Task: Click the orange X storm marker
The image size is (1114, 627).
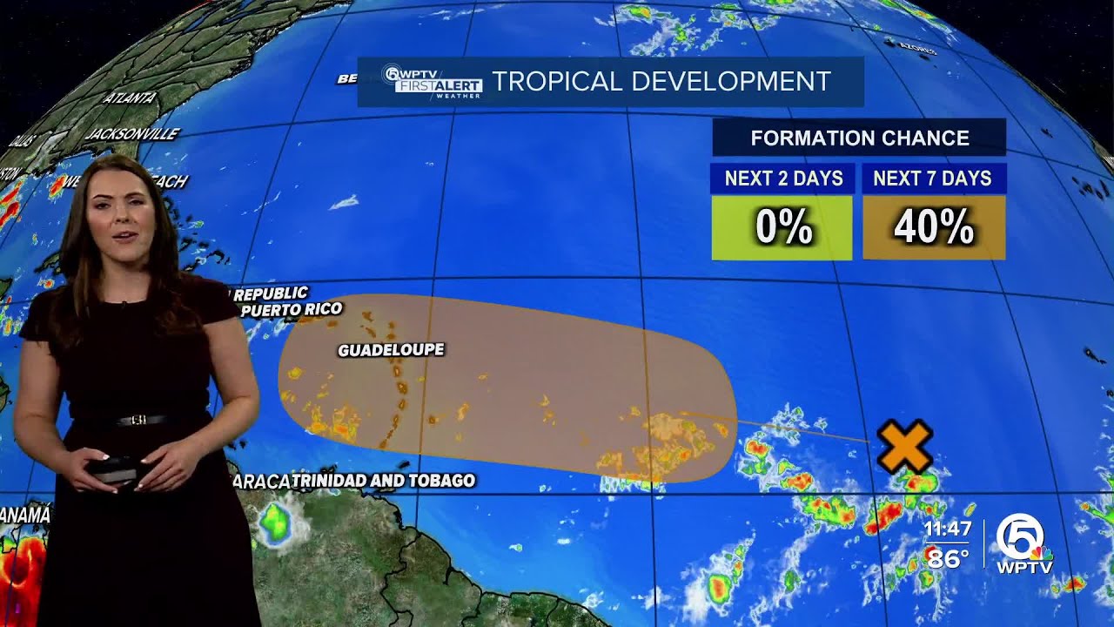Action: click(x=904, y=446)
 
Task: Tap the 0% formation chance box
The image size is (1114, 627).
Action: click(x=782, y=227)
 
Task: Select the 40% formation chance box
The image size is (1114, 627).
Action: click(x=933, y=227)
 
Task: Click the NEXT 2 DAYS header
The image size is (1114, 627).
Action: click(x=782, y=179)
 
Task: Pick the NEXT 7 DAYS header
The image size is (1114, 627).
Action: click(x=932, y=179)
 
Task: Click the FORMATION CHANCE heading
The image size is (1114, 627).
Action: click(x=859, y=138)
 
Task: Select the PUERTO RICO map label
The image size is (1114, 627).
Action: click(x=292, y=309)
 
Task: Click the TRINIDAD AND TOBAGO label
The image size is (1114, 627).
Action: click(x=383, y=480)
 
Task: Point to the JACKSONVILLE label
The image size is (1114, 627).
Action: click(x=132, y=134)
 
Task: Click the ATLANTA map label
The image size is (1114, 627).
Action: click(x=130, y=98)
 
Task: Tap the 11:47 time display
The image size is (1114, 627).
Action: click(x=947, y=529)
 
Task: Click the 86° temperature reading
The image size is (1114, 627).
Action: click(x=948, y=557)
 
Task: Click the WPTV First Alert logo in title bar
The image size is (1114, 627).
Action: click(x=432, y=82)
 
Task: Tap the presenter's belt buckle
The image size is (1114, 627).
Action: click(x=138, y=421)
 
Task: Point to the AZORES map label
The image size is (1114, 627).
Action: click(x=919, y=50)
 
